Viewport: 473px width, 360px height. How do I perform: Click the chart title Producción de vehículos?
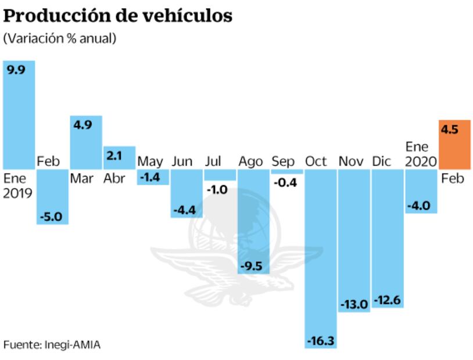[118, 16]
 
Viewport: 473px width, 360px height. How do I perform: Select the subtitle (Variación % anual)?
[60, 39]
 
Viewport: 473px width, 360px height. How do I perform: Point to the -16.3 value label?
[321, 340]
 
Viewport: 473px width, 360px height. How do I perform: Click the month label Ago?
[250, 161]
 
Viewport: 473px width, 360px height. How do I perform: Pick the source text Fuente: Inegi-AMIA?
[52, 344]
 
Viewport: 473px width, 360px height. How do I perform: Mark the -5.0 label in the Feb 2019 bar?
[52, 216]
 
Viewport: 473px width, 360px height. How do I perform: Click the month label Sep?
[283, 161]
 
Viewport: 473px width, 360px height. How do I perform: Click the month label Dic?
[382, 161]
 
